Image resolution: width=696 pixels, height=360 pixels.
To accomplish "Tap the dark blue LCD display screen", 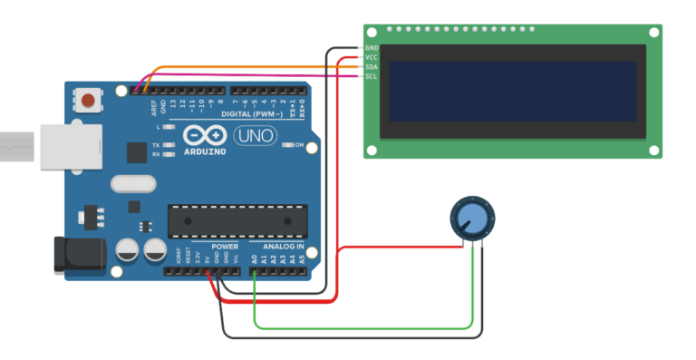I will [512, 92].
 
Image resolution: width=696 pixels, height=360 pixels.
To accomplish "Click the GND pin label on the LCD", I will [372, 47].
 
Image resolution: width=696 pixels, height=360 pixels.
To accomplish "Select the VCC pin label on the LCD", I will [372, 57].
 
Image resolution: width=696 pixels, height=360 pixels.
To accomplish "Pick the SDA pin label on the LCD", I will [372, 67].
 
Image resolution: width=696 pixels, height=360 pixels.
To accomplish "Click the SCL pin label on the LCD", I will [372, 77].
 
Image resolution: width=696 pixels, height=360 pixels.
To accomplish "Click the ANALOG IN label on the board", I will [283, 247].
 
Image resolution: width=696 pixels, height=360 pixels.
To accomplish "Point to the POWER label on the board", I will [225, 247].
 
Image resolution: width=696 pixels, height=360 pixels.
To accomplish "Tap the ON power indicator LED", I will [285, 145].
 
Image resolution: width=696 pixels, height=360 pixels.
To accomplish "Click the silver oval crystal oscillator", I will [134, 184].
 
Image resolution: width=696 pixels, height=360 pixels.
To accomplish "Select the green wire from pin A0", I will [362, 326].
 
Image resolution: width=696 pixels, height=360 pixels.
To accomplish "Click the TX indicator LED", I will [166, 145].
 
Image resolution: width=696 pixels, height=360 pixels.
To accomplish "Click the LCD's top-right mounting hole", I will [652, 33].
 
